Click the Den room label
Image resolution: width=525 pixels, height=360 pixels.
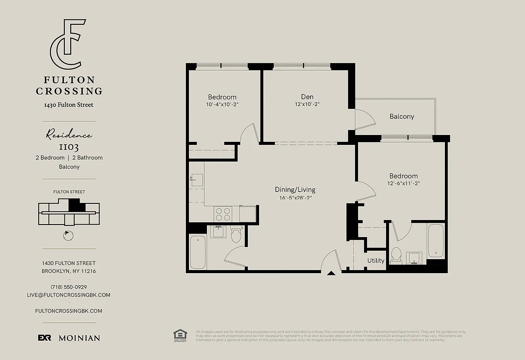[x=307, y=97]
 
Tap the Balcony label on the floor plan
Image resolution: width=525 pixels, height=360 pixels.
[x=402, y=117]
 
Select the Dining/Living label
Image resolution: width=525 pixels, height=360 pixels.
[x=295, y=189]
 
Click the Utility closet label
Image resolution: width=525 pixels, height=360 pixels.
[x=376, y=261]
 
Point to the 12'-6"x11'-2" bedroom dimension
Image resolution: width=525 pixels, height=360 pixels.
[x=404, y=183]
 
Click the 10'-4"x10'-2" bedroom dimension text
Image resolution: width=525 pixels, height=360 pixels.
[x=222, y=104]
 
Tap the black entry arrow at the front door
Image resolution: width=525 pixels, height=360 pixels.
[x=331, y=272]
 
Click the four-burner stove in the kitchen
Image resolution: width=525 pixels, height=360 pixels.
[x=223, y=213]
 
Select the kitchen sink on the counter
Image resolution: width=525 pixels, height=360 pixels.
[x=196, y=180]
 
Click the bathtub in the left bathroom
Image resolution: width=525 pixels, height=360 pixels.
[x=198, y=252]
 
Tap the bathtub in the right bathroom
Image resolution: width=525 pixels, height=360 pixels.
[x=435, y=241]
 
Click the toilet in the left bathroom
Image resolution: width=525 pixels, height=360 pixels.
[x=236, y=234]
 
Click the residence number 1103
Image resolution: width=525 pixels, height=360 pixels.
[x=69, y=147]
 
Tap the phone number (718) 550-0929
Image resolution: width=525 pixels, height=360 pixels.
[x=69, y=287]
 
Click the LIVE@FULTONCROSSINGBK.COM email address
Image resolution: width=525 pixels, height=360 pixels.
[x=69, y=295]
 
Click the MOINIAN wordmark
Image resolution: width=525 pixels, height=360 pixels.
[x=79, y=338]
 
